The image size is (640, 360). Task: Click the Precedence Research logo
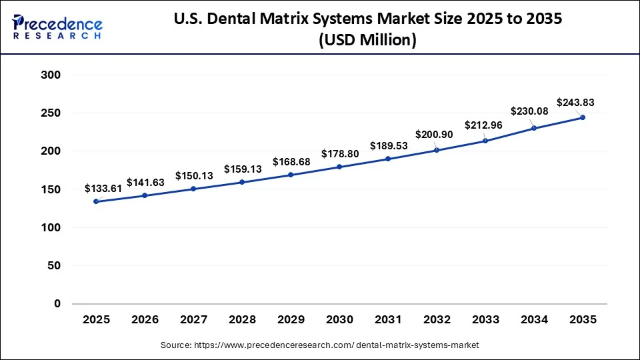[x=57, y=27]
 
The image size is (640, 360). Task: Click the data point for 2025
[x=96, y=201]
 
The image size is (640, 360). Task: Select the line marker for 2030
[x=339, y=167]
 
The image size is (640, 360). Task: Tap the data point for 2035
[x=583, y=117]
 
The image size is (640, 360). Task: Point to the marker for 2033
[x=485, y=141]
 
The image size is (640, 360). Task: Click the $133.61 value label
[x=103, y=189]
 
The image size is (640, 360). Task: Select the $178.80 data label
[x=341, y=154]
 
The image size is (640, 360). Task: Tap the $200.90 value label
[x=435, y=135]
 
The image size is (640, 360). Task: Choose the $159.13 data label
[x=243, y=169]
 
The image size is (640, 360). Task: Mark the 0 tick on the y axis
[x=57, y=304]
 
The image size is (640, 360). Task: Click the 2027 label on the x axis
[x=193, y=321]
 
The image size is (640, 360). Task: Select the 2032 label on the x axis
[x=437, y=321]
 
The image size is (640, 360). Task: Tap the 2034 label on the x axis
[x=534, y=321]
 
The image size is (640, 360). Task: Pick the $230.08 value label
[x=531, y=111]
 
